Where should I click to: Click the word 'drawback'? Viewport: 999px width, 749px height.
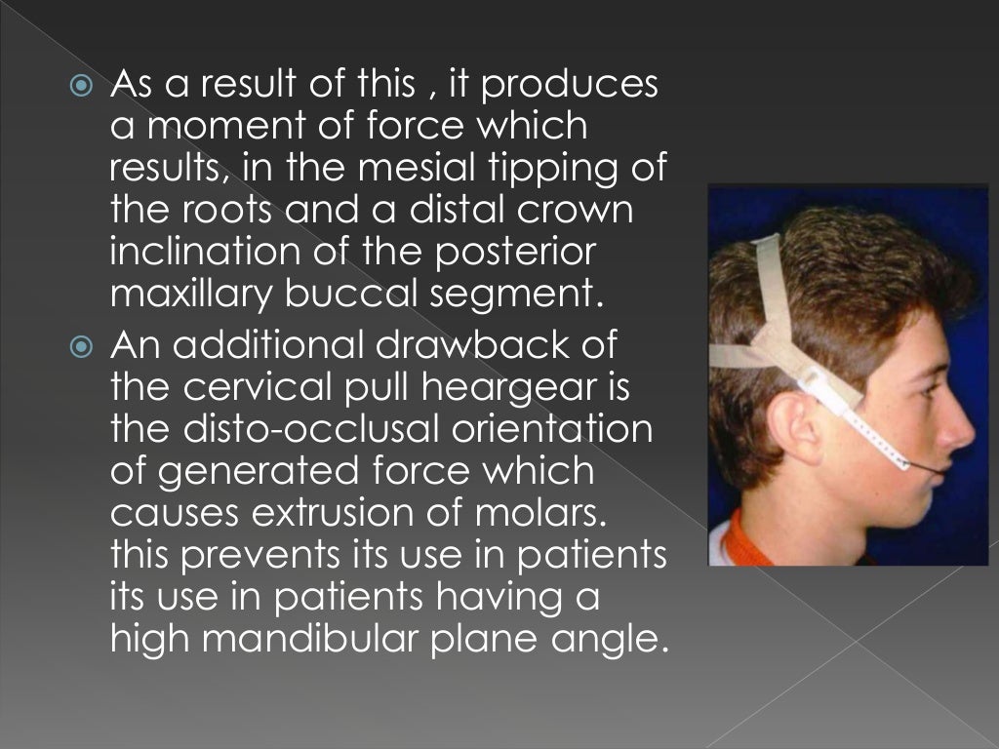495,344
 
